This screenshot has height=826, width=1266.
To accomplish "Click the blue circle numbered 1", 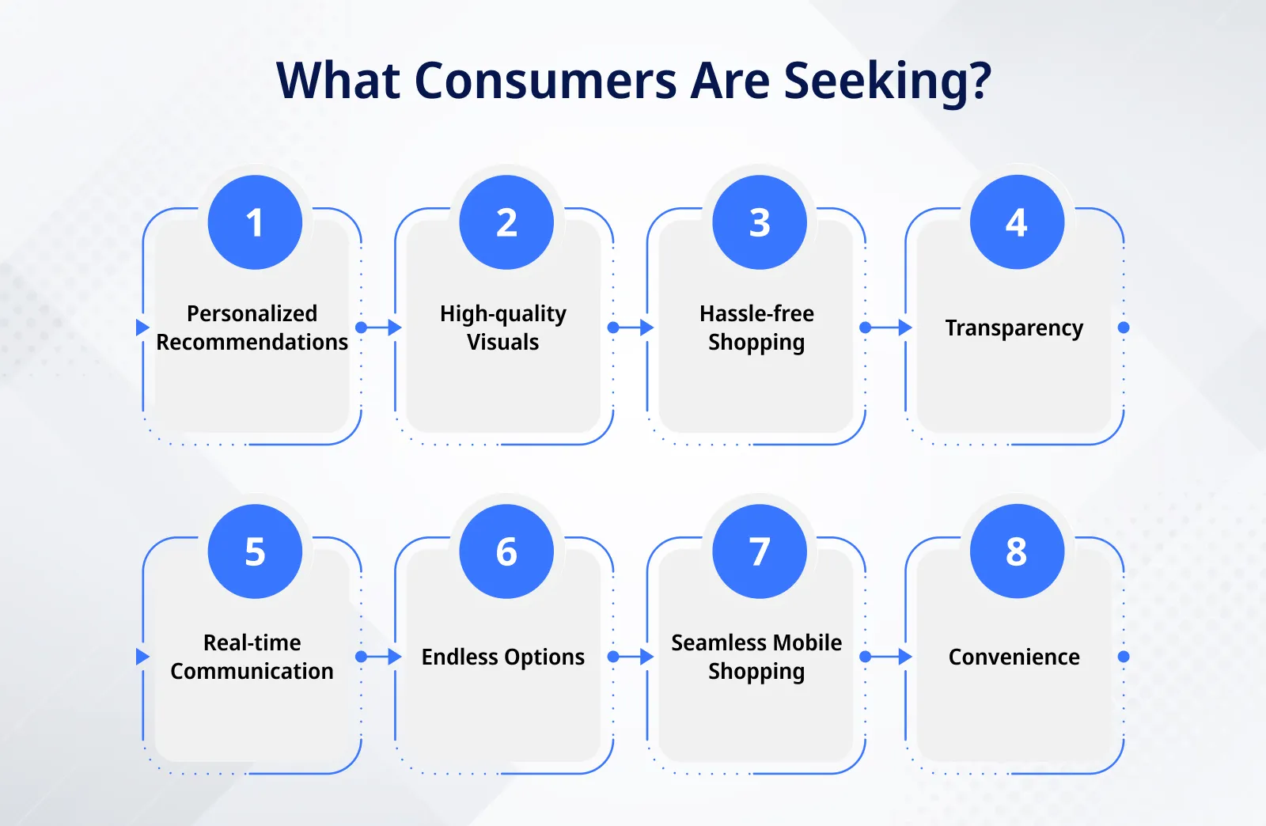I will (x=255, y=222).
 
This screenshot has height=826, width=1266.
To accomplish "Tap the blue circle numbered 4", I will (x=1017, y=222).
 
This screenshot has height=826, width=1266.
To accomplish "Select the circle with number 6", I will (x=506, y=551).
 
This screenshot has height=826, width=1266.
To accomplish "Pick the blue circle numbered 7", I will (x=760, y=551).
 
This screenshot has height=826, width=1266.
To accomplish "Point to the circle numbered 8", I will (x=1017, y=551).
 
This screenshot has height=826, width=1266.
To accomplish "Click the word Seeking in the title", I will (x=887, y=81).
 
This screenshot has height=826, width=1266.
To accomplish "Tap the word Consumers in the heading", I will (x=545, y=81).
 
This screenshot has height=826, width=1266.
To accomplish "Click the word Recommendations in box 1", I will (x=252, y=342).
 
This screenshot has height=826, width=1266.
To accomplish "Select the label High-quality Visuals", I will (x=503, y=328).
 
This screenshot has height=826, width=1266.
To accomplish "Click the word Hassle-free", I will (x=756, y=313).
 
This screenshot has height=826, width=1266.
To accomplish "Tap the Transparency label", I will (x=1014, y=328).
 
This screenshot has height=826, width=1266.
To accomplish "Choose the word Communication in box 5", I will (x=252, y=671).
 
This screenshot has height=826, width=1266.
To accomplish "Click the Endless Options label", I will (x=503, y=657).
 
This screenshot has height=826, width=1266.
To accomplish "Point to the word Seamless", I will (x=707, y=642).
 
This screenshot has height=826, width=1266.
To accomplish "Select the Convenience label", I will (x=1014, y=657).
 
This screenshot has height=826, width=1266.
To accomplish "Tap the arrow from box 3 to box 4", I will (x=888, y=328).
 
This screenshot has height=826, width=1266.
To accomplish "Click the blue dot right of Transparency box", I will (x=1124, y=328).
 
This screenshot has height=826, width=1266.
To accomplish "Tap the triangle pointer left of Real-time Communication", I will (x=142, y=657).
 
